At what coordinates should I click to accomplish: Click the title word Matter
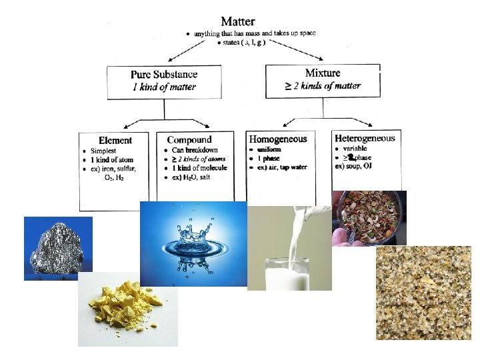(x=237, y=21)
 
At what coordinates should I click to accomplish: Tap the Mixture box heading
(x=323, y=73)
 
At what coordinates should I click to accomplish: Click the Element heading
(x=115, y=140)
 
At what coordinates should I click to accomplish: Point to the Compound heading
(x=189, y=139)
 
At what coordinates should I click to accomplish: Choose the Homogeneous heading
(x=278, y=139)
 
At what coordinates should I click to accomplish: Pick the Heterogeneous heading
(x=365, y=138)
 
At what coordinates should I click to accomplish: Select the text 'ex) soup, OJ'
(x=353, y=166)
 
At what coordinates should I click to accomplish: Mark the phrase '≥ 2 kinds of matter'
(x=323, y=85)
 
